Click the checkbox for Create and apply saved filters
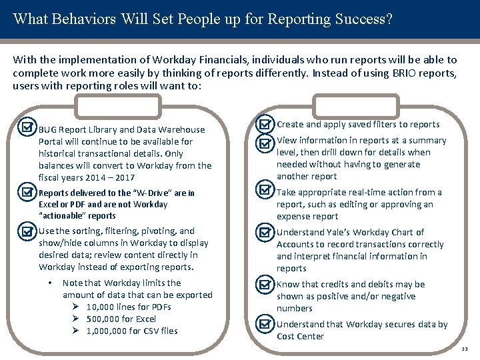[x=265, y=124]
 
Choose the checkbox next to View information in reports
[x=265, y=141]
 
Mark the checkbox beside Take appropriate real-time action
[x=265, y=193]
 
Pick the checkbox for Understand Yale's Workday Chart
[x=265, y=233]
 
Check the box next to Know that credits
[x=265, y=285]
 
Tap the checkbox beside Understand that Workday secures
[x=265, y=325]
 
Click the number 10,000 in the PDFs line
[x=100, y=307]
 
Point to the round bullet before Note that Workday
[x=51, y=283]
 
